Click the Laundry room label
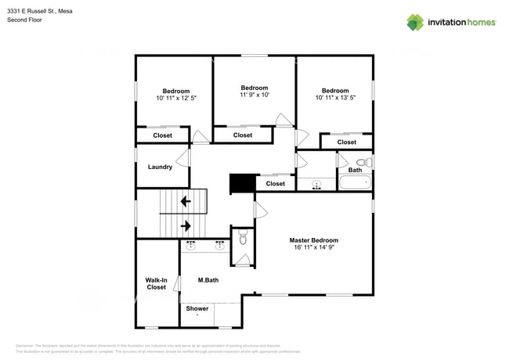tap(160, 167)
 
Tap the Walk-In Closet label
tap(156, 283)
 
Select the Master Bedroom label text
tap(313, 240)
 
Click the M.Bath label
tap(208, 280)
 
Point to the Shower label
tap(197, 308)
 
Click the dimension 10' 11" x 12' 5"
tap(175, 98)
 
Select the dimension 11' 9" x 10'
tap(254, 95)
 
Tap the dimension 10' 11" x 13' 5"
tap(334, 97)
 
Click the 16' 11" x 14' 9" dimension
tap(313, 247)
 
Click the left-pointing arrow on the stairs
tap(186, 201)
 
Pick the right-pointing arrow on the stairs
tap(186, 226)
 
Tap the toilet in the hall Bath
tap(362, 162)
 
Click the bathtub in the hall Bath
tap(355, 182)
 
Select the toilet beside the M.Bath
tap(242, 238)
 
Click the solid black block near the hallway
tap(242, 183)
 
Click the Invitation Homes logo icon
tap(414, 22)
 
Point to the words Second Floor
tap(24, 20)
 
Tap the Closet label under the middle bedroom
tap(243, 135)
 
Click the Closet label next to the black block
tap(275, 184)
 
